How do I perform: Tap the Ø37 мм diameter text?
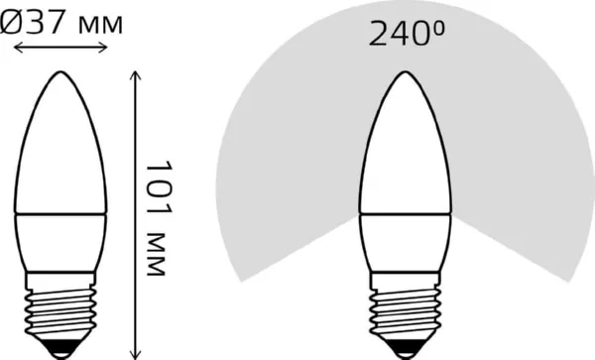63,22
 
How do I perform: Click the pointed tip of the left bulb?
63,73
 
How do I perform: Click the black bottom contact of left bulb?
63,349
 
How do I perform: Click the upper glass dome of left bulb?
63,149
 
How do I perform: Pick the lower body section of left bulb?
63,243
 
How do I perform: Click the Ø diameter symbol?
13,22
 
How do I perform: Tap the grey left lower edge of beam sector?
288,248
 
